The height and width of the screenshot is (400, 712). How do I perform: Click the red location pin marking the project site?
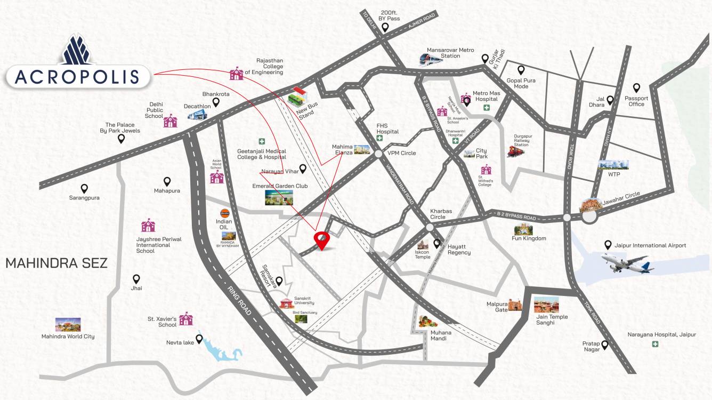[x=321, y=240]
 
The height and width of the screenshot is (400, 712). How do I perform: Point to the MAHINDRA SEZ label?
[x=56, y=263]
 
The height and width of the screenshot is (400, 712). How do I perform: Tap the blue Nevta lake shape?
[x=220, y=350]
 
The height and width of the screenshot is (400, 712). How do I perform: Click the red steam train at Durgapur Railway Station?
[x=515, y=152]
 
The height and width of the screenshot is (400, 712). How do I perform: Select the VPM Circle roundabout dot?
[x=378, y=154]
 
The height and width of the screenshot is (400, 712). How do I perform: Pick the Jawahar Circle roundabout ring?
[x=589, y=217]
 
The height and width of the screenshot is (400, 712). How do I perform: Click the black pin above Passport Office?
[x=636, y=88]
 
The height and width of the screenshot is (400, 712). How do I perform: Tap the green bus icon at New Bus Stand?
[x=298, y=97]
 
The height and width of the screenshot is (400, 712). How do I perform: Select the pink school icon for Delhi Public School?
[x=170, y=121]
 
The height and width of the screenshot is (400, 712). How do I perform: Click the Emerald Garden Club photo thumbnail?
[x=279, y=197]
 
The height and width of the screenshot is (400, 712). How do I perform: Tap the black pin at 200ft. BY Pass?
[x=385, y=27]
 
